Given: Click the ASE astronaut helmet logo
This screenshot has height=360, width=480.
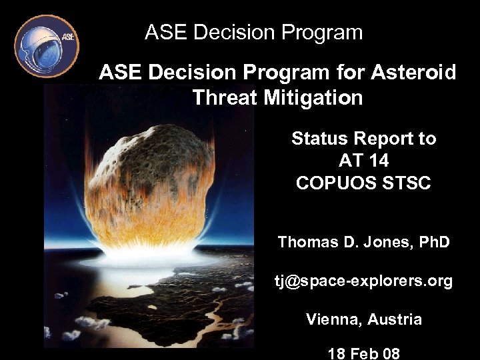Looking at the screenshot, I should pyautogui.click(x=46, y=46).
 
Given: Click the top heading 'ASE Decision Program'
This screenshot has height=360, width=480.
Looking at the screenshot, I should pyautogui.click(x=253, y=32).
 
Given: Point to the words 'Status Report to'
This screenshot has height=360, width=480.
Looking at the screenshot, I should pyautogui.click(x=363, y=139).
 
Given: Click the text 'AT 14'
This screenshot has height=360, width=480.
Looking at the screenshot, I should pyautogui.click(x=363, y=161).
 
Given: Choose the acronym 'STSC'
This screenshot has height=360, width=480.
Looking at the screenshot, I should pyautogui.click(x=408, y=183).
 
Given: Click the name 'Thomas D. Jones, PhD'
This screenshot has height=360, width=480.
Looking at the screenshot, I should pyautogui.click(x=363, y=242).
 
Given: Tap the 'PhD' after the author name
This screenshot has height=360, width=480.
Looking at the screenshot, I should pyautogui.click(x=433, y=242).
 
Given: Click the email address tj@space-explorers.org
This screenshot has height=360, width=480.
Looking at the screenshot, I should pyautogui.click(x=363, y=281).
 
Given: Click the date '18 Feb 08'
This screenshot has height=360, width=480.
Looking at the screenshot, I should pyautogui.click(x=363, y=353).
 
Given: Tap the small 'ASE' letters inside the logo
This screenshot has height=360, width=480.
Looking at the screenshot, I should pyautogui.click(x=68, y=36).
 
